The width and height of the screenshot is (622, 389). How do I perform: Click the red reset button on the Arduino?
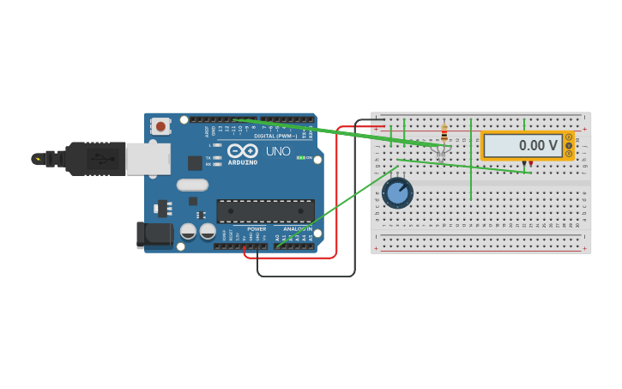point(160,127)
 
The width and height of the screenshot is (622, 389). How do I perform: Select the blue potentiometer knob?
point(398,192)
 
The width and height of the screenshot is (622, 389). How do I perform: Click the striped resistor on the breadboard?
point(444,133)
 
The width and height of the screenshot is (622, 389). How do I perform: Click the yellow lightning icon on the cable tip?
point(37,159)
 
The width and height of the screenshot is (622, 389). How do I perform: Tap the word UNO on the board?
point(278,151)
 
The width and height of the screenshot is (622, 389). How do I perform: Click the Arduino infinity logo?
point(242,151)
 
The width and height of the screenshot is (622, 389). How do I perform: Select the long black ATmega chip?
point(265,210)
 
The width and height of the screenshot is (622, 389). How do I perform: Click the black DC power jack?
point(152,234)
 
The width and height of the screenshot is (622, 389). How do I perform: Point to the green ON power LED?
point(299,157)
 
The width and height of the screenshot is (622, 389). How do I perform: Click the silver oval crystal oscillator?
point(192,185)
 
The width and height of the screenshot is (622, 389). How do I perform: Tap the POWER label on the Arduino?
point(257,229)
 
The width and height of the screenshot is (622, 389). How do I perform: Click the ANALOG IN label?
point(297,229)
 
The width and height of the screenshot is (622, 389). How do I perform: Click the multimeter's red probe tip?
point(531,163)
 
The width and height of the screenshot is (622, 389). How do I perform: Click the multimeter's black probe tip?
point(523,163)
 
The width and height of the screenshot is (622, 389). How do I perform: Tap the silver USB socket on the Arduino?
point(148,159)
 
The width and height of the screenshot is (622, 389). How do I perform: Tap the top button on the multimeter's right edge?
point(568,137)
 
